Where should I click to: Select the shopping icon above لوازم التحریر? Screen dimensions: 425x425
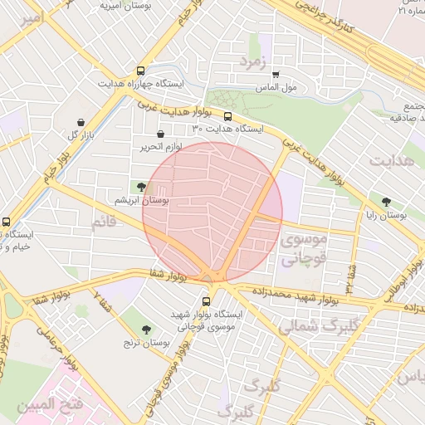coord(160,134)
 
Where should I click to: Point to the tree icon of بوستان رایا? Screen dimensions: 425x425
coord(386,202)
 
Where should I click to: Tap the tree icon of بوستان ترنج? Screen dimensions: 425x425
coord(146,330)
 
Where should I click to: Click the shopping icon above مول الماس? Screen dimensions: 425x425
coord(276,75)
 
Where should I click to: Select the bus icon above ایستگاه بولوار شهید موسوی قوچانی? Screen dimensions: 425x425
coord(206,301)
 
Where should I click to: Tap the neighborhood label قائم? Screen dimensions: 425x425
coord(105,222)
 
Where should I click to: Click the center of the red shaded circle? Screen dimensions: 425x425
coord(212,212)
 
